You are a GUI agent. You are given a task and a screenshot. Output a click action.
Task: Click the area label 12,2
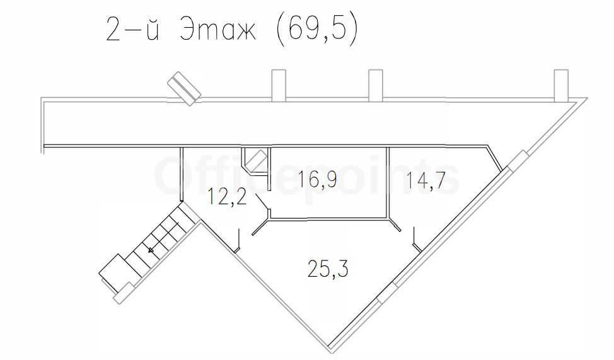[228, 196]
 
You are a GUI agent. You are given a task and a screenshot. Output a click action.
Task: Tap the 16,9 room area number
[318, 179]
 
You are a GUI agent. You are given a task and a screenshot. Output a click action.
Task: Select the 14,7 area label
[426, 180]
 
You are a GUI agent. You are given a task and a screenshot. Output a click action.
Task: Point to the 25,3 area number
[328, 269]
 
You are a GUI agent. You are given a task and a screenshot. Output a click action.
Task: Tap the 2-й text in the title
[132, 29]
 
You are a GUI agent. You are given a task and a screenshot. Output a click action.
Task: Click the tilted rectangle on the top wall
[184, 88]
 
